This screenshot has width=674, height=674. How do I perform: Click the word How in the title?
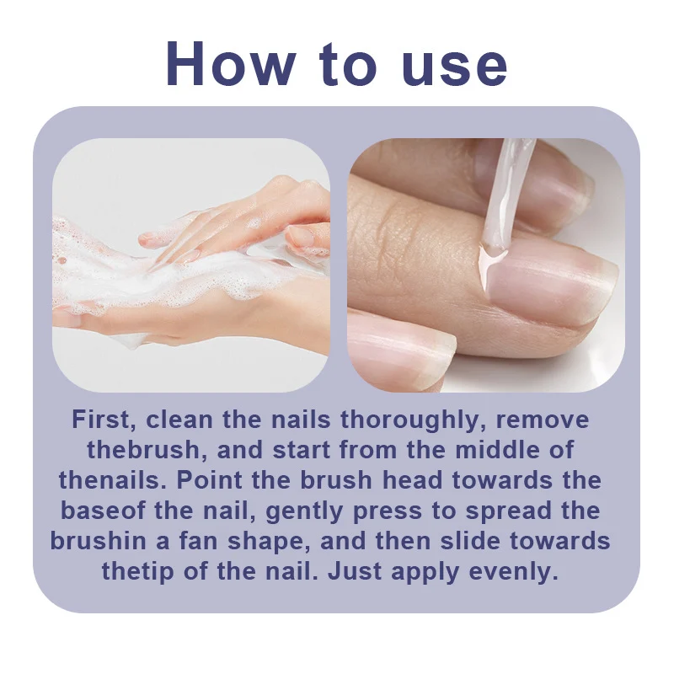(230, 65)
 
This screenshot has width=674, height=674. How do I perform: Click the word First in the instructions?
(104, 420)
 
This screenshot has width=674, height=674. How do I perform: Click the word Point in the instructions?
(210, 480)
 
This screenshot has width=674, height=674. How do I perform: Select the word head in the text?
(412, 480)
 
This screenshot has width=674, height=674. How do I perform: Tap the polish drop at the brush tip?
(492, 260)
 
